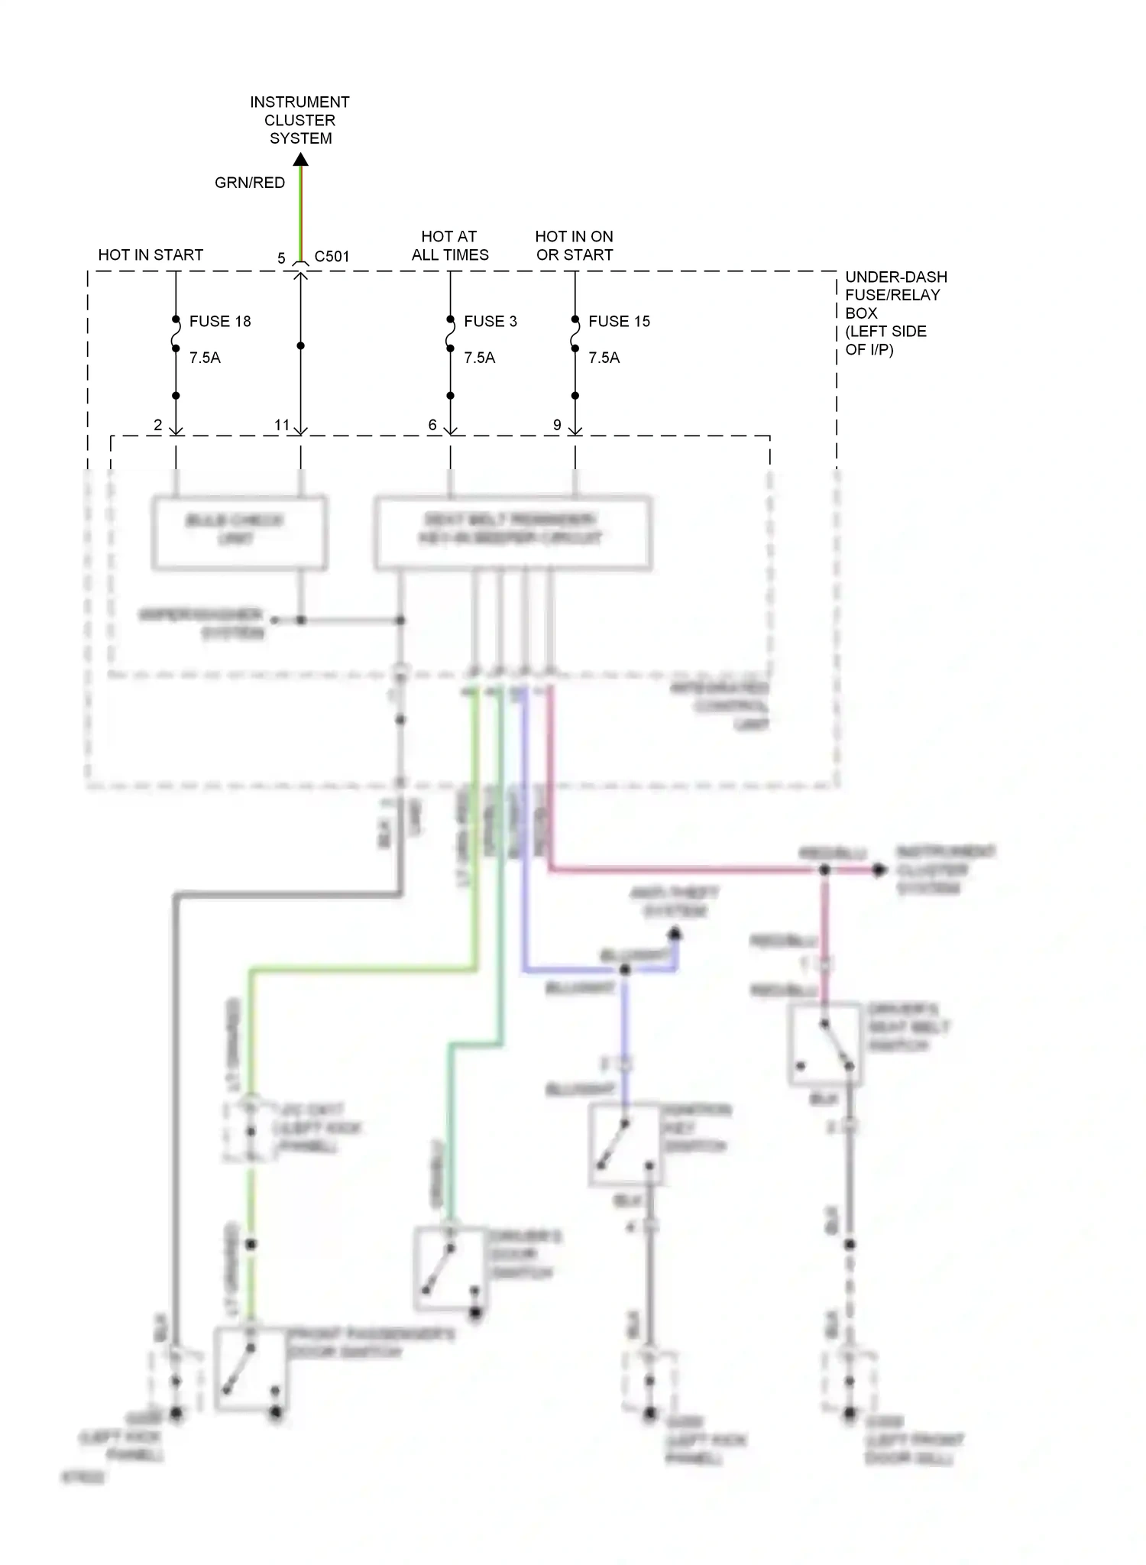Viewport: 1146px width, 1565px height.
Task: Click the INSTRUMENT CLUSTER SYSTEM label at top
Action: point(299,120)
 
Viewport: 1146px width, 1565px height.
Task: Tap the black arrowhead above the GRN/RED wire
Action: point(301,159)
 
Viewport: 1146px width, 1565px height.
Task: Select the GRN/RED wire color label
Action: point(249,183)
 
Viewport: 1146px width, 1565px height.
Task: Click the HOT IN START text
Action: point(151,254)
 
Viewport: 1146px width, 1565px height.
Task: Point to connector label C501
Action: point(332,257)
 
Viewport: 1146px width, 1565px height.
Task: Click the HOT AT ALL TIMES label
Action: point(450,245)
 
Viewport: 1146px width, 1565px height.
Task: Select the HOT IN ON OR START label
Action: point(575,245)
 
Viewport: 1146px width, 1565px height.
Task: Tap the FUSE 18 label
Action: point(220,321)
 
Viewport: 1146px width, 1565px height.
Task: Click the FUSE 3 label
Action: point(490,321)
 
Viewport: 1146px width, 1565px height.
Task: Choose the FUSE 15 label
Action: point(619,321)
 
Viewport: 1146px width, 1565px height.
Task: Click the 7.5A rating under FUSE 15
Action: point(604,358)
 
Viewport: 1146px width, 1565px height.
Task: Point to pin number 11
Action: point(282,425)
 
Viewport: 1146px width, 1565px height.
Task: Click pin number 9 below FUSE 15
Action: point(557,425)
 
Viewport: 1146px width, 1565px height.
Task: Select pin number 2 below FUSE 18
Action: point(157,425)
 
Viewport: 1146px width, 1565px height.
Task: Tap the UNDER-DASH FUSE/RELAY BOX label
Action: point(895,313)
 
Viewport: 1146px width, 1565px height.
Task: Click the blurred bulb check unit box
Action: point(239,533)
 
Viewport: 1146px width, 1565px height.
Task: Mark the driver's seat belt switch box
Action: point(825,1043)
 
